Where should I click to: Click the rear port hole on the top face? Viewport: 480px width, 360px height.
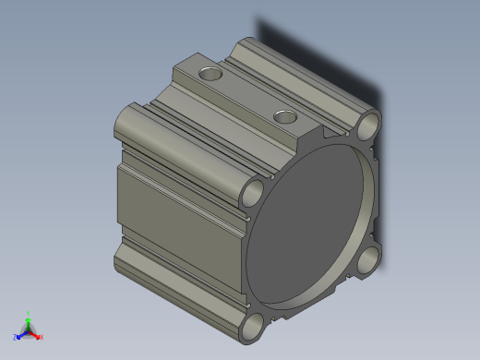[x=211, y=71]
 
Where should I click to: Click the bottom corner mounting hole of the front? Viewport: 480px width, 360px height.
[x=252, y=326]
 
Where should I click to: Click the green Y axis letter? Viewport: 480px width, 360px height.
[x=29, y=314]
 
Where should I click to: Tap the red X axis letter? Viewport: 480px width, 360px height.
[x=42, y=336]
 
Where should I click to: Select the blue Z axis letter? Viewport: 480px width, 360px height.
[x=15, y=337]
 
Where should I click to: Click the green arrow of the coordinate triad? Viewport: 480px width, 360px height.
[x=29, y=321]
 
